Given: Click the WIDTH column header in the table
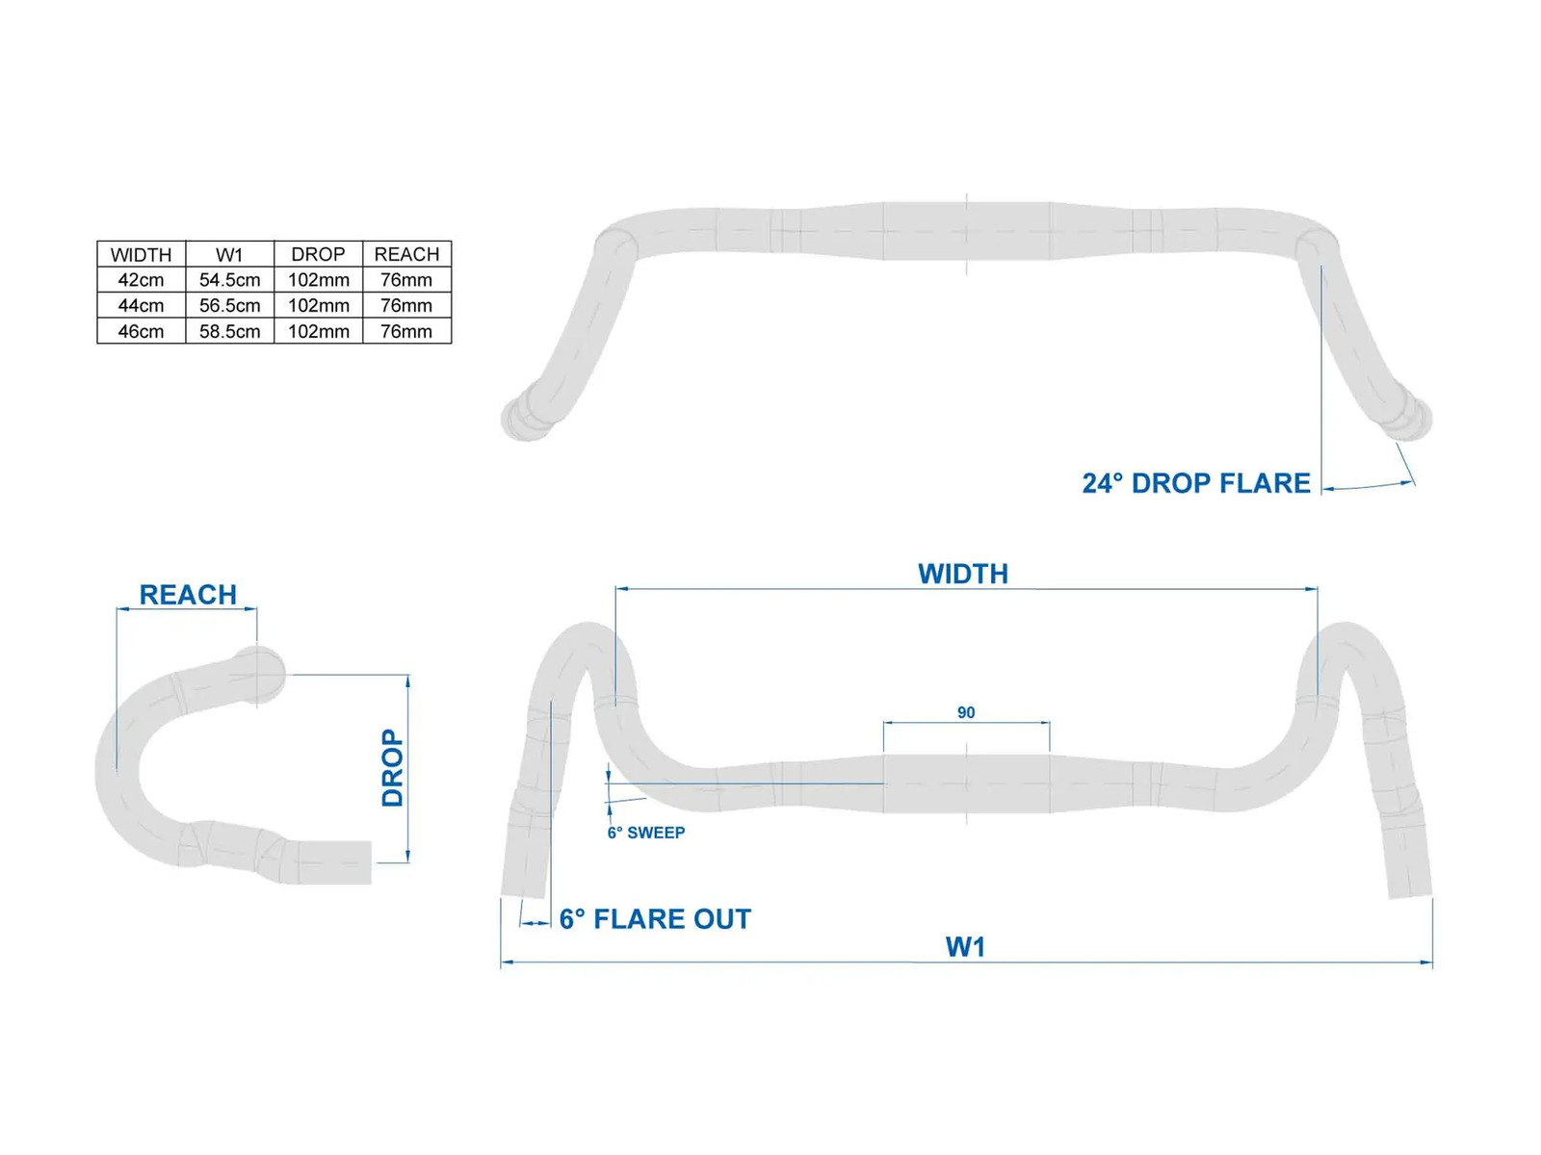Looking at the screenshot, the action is pos(141,254).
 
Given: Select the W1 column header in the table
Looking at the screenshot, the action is pos(229,254).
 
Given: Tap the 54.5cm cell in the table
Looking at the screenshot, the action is pos(229,280).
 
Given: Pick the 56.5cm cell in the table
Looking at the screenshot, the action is pos(229,306).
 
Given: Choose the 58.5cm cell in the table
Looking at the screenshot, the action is pos(229,331).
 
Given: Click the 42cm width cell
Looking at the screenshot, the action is pos(141,280).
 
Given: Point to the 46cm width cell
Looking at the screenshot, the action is pos(141,331).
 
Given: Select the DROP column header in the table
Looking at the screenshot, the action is pos(318,254).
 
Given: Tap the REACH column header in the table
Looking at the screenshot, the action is pos(406,254).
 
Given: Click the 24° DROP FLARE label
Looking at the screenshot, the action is pos(1195,483).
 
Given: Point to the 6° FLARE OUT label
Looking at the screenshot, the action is pos(655,918).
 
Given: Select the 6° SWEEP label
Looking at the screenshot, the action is pos(646,833).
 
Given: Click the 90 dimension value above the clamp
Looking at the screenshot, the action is pos(966,712).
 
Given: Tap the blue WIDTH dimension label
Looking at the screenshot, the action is pos(963,574).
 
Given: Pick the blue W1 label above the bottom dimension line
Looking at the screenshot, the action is pos(965,947).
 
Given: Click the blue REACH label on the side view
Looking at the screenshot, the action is pos(188,595).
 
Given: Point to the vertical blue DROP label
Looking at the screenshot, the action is pos(392,768).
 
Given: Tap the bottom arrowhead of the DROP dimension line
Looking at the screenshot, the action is pos(408,857).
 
